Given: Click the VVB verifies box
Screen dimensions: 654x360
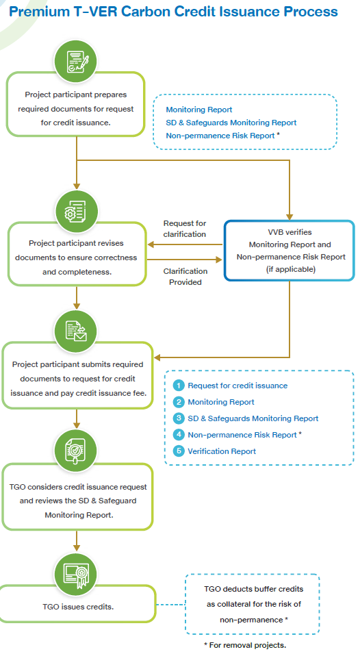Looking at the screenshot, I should pos(290,250).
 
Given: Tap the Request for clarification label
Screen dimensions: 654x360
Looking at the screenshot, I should pos(184,229).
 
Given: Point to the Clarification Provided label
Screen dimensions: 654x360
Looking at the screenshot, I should pos(185,276).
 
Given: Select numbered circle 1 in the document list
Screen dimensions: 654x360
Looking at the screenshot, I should pos(179,386).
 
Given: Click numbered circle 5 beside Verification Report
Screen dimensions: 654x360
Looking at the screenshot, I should pos(179,451).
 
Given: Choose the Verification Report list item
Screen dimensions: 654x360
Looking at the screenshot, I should pos(222,451).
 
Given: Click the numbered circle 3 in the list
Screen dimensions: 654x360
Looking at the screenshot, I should pos(179,418).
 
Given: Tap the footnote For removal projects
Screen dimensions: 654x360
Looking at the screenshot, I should pos(244,645).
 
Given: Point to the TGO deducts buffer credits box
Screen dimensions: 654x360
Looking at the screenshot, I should pos(253,604).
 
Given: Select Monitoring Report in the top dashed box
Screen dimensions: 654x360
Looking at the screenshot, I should pos(199,110).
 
